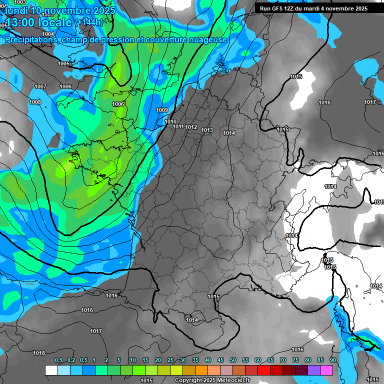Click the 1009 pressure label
162,110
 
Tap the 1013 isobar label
207,130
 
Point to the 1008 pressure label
35,102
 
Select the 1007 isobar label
40,86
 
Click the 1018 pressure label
39,353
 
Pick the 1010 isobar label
170,121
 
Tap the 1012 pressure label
191,127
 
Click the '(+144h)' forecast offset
89,22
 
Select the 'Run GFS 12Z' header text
281,8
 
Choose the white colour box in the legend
51,370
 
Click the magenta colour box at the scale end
326,370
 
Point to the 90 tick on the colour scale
333,360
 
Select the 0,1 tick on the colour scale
58,360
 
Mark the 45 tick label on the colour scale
220,360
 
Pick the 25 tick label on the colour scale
170,360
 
